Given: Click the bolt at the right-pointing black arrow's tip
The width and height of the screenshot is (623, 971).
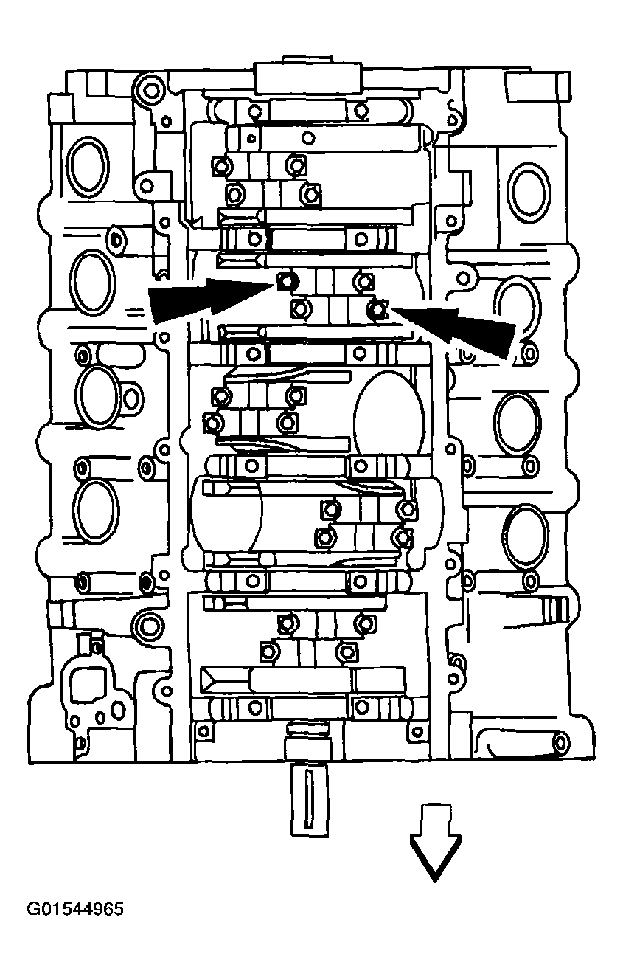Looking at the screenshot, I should pos(286,281).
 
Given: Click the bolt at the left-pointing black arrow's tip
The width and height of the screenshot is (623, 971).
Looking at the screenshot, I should pos(377,309).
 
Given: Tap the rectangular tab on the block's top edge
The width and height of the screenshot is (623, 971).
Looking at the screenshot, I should pos(308,75).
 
